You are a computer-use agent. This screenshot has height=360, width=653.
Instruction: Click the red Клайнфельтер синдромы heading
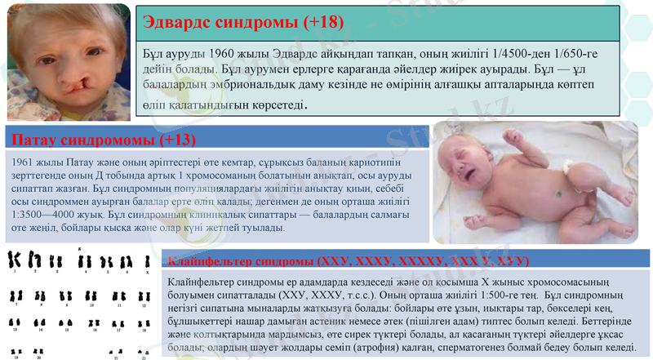tap(348, 260)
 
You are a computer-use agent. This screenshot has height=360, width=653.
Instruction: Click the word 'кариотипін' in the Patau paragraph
tap(358, 162)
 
